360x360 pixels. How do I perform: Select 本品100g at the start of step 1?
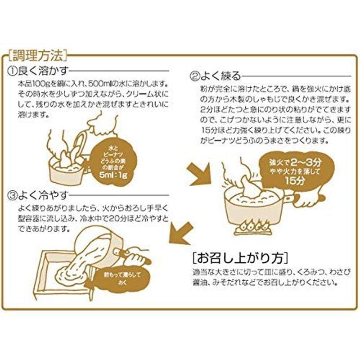pyautogui.click(x=31, y=84)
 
